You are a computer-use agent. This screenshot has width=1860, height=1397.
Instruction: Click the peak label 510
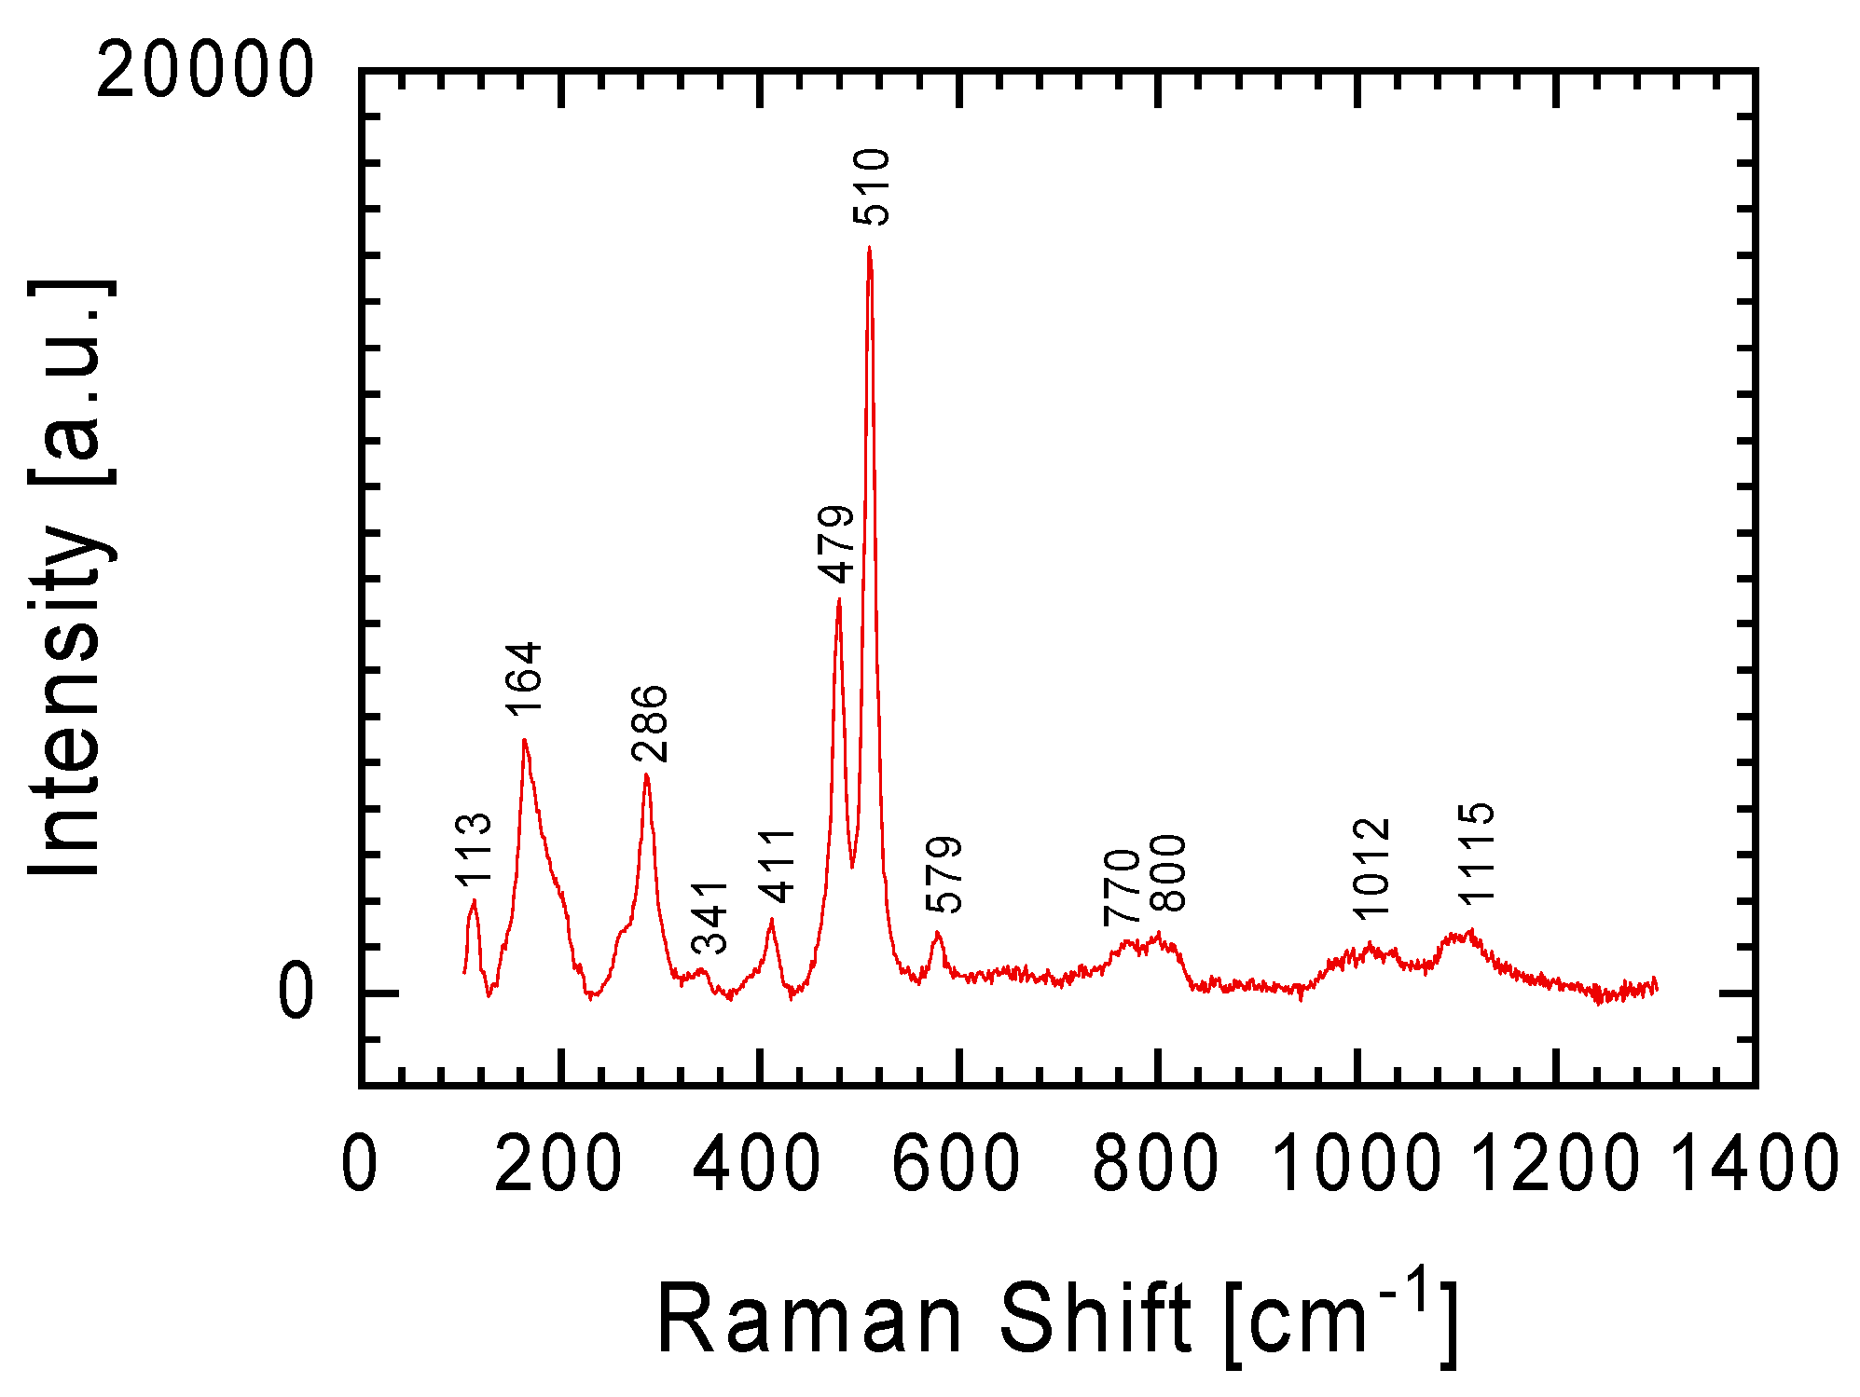[x=873, y=186]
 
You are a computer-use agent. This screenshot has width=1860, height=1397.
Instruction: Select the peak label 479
[x=836, y=543]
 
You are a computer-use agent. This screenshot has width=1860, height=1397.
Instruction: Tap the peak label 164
[x=524, y=678]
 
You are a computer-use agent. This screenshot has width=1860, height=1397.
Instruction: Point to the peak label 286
[x=650, y=723]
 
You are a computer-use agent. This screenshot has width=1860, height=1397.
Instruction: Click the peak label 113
[x=474, y=848]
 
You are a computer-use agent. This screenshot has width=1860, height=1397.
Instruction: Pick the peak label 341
[x=710, y=917]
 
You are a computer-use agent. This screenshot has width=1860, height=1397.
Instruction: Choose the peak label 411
[x=776, y=866]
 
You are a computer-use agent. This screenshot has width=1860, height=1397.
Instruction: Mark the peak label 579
[x=944, y=874]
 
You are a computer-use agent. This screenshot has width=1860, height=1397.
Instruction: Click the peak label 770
[x=1122, y=887]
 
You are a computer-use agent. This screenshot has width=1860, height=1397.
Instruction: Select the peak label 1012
[x=1371, y=868]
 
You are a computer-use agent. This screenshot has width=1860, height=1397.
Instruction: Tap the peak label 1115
[x=1477, y=853]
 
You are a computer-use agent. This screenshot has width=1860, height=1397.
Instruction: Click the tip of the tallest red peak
[x=869, y=248]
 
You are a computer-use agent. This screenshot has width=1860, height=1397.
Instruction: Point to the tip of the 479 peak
[x=839, y=599]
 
